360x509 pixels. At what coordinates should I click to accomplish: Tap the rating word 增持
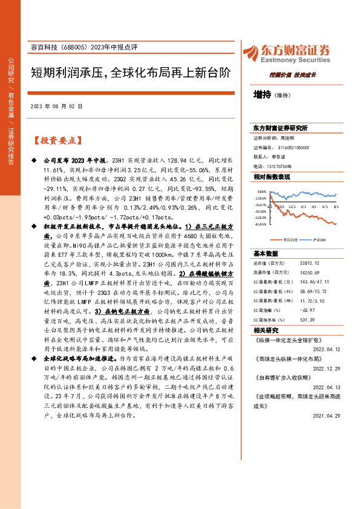(262, 94)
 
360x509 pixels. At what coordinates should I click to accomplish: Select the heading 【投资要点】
(56, 141)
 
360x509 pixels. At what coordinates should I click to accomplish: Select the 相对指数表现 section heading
(272, 176)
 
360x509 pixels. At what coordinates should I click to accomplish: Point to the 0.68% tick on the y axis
(261, 191)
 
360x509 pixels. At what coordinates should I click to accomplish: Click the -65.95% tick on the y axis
(260, 224)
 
